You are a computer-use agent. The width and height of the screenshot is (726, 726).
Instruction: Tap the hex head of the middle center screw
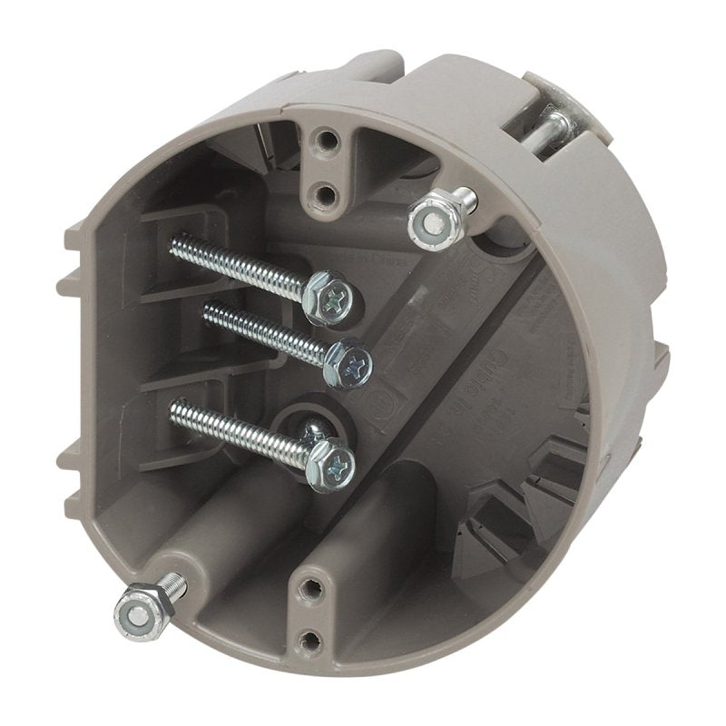click(x=348, y=363)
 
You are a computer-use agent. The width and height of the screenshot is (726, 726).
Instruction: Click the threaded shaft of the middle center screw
click(x=263, y=331)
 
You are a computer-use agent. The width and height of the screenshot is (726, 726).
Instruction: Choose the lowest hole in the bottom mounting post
click(x=311, y=641)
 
